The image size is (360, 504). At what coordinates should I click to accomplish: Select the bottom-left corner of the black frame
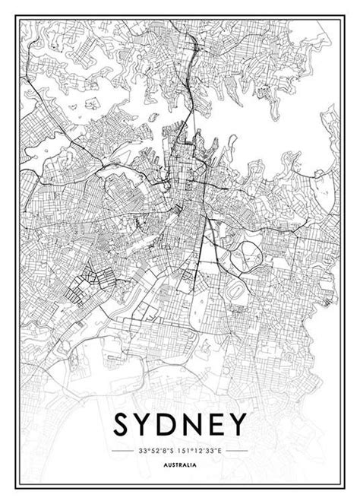18,487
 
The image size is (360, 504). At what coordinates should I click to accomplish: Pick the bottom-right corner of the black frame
342,487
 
